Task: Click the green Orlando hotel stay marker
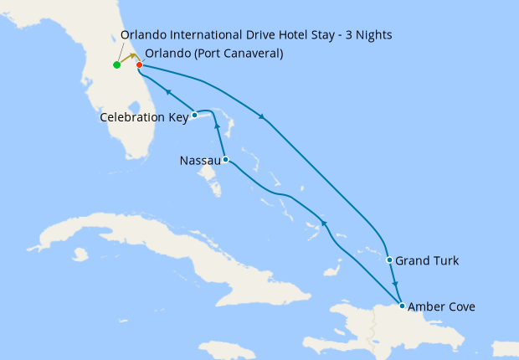click(116, 64)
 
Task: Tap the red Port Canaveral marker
click(139, 64)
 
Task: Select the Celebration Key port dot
click(194, 115)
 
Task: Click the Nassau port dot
click(225, 159)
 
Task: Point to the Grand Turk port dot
click(389, 260)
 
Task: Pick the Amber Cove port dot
click(403, 306)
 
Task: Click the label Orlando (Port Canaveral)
click(213, 54)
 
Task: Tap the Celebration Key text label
click(144, 117)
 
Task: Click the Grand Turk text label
click(427, 261)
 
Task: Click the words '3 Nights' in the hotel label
click(366, 34)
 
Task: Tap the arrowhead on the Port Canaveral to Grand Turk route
click(262, 116)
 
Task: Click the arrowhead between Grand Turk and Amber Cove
click(396, 284)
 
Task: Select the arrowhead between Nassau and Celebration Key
click(218, 126)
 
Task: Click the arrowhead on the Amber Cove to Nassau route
click(323, 223)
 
